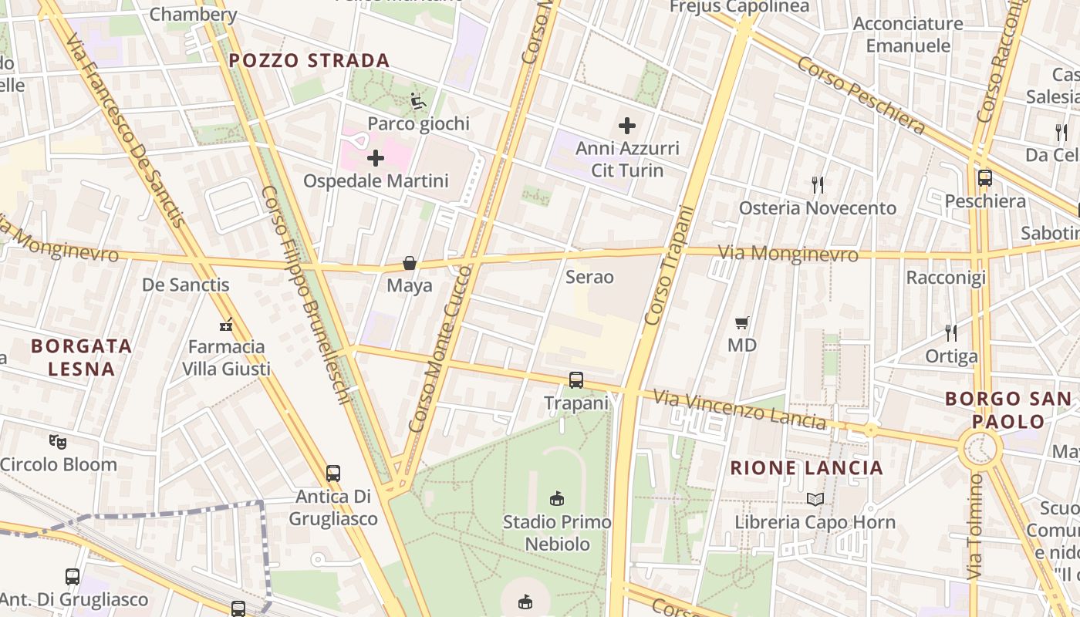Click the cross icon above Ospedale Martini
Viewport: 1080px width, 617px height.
click(376, 158)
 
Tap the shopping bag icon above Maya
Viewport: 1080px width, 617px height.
click(410, 264)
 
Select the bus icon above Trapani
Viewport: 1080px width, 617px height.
click(576, 380)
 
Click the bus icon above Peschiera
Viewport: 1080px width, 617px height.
click(985, 178)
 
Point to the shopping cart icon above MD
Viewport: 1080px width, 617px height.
click(742, 322)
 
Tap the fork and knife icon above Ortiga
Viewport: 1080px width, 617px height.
click(951, 333)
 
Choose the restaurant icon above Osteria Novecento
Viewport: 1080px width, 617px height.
click(818, 185)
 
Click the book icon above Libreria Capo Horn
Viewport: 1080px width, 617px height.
click(815, 499)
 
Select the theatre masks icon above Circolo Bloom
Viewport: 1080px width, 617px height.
click(58, 442)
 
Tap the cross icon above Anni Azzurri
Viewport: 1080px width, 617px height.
click(627, 125)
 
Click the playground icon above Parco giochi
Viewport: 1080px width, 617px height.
click(418, 100)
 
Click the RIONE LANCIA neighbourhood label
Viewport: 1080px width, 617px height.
click(806, 467)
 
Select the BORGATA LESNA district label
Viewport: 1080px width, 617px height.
click(81, 357)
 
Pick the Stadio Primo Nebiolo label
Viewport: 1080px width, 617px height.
click(557, 533)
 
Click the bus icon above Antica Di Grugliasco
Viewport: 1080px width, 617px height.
click(333, 474)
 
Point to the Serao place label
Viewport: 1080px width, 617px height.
click(589, 277)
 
